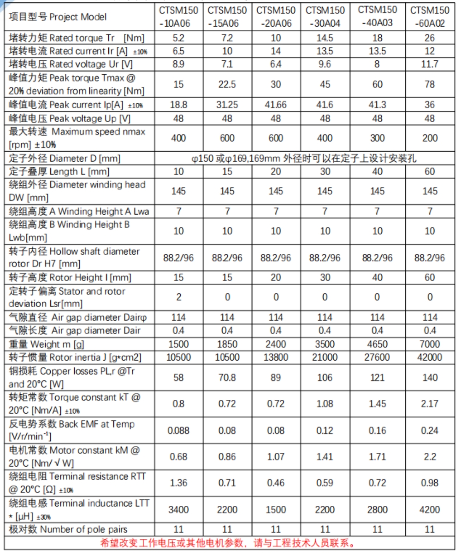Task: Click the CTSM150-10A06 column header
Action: [x=178, y=17]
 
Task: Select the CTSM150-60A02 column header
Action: [x=430, y=17]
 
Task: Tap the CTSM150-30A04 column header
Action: [x=325, y=17]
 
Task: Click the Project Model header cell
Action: [x=58, y=17]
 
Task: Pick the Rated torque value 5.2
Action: [x=178, y=38]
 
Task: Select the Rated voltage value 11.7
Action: [x=430, y=64]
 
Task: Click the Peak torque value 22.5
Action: [x=227, y=84]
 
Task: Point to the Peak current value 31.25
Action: [x=227, y=105]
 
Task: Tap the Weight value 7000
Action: [x=430, y=344]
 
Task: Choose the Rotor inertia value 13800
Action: [x=276, y=357]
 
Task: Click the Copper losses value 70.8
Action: [x=227, y=377]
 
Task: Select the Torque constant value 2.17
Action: [x=430, y=404]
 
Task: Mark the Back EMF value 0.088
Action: [x=178, y=430]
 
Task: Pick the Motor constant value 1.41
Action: [x=325, y=457]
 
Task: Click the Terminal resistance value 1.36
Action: [x=178, y=483]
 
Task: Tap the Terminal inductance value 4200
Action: [x=430, y=509]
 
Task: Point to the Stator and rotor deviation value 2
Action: [x=178, y=297]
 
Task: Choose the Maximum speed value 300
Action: [x=377, y=138]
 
